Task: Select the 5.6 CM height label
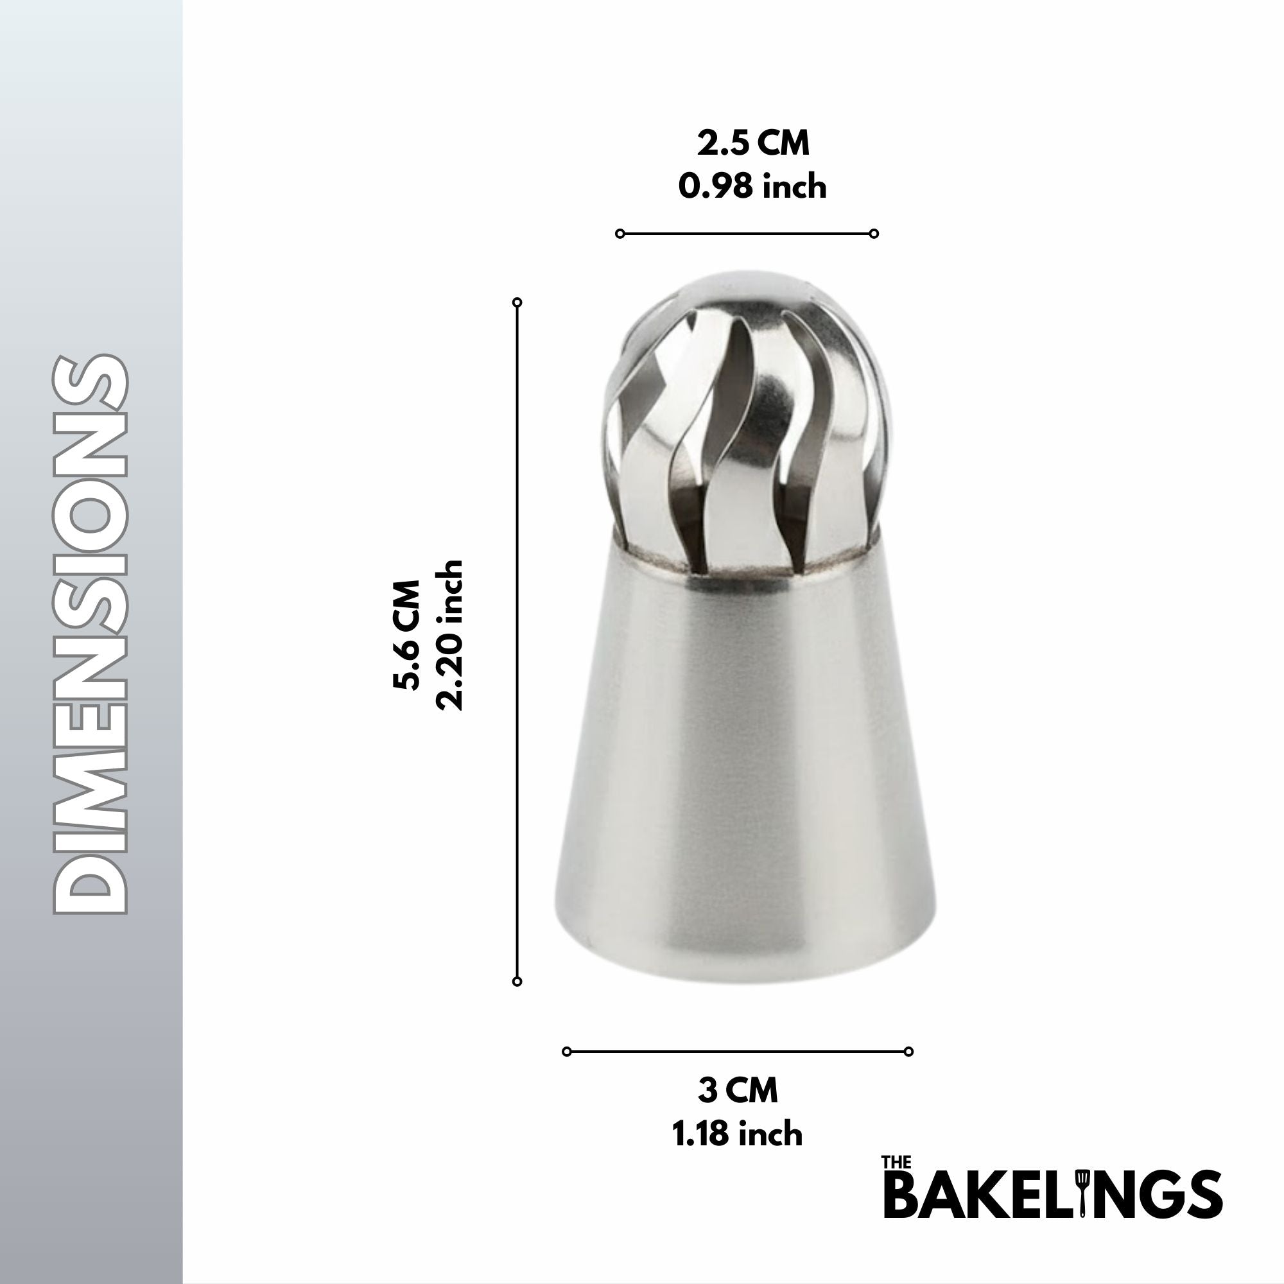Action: (407, 636)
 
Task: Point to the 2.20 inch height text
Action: (449, 636)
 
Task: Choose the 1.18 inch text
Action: (738, 1134)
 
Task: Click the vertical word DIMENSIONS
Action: (91, 635)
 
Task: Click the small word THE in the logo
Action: (896, 1163)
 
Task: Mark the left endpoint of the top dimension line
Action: (620, 233)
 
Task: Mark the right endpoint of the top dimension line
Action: (874, 233)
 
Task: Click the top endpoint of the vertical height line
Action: (517, 302)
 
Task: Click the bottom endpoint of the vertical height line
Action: (517, 982)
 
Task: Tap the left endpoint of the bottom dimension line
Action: (567, 1052)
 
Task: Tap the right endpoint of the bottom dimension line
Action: (908, 1052)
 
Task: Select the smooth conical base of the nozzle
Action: (744, 764)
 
